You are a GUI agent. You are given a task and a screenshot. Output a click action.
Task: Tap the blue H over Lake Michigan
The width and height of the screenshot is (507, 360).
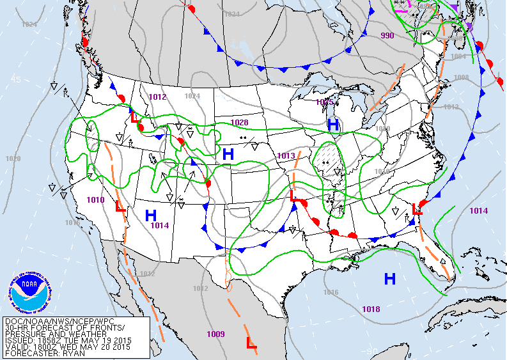click(x=333, y=125)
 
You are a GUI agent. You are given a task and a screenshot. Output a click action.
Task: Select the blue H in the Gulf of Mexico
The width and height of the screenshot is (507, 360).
click(x=389, y=279)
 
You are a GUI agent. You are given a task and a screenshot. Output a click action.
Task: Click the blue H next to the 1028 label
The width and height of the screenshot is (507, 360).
click(x=228, y=154)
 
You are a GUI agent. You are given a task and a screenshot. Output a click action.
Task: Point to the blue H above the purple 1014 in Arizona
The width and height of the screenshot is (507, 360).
click(x=151, y=215)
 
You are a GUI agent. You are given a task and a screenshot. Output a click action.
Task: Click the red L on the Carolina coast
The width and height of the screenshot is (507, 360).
click(x=417, y=208)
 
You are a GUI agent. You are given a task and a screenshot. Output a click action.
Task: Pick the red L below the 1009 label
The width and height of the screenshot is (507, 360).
click(x=252, y=343)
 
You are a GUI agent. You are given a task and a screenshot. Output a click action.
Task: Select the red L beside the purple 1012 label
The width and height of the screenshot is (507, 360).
click(x=134, y=117)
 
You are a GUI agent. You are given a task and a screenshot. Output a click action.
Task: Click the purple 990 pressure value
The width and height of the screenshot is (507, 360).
click(x=387, y=36)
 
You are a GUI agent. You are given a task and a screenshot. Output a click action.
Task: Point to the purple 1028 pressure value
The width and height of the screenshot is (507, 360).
click(x=239, y=122)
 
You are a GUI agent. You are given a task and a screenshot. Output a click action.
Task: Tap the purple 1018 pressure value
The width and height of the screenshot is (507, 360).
click(x=371, y=309)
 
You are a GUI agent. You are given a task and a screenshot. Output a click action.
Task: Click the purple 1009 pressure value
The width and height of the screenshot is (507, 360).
click(x=215, y=334)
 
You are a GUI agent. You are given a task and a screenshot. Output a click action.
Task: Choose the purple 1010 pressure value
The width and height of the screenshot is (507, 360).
click(x=95, y=200)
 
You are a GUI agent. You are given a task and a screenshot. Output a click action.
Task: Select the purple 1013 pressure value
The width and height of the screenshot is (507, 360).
click(x=286, y=156)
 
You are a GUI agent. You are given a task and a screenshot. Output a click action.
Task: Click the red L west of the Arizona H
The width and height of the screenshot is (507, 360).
click(x=119, y=207)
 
